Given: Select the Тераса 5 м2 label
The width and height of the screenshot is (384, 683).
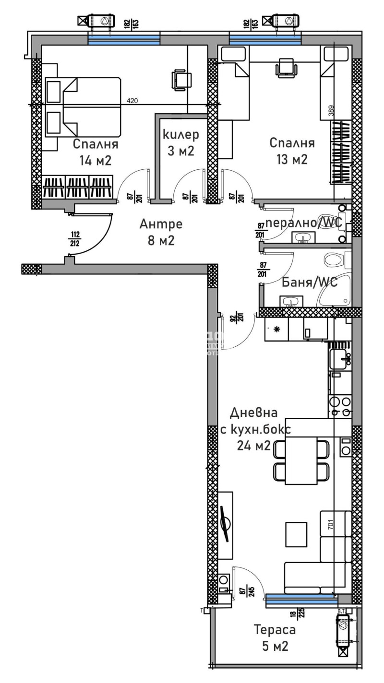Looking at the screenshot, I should (x=275, y=637).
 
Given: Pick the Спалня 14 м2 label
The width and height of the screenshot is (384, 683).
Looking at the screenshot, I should (x=96, y=152).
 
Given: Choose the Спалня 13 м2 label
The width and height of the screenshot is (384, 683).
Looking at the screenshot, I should (x=292, y=151).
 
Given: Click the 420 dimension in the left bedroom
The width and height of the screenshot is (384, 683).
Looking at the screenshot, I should (x=132, y=101).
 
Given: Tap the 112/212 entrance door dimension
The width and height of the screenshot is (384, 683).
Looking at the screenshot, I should (x=75, y=238).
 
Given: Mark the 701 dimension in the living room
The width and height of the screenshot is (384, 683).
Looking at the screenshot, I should (x=330, y=525).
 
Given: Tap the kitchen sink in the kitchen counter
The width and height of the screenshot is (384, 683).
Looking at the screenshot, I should (x=340, y=356).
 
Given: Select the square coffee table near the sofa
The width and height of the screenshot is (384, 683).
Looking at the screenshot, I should (x=296, y=533).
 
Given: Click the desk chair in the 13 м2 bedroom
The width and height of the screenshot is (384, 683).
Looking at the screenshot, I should (x=286, y=67).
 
